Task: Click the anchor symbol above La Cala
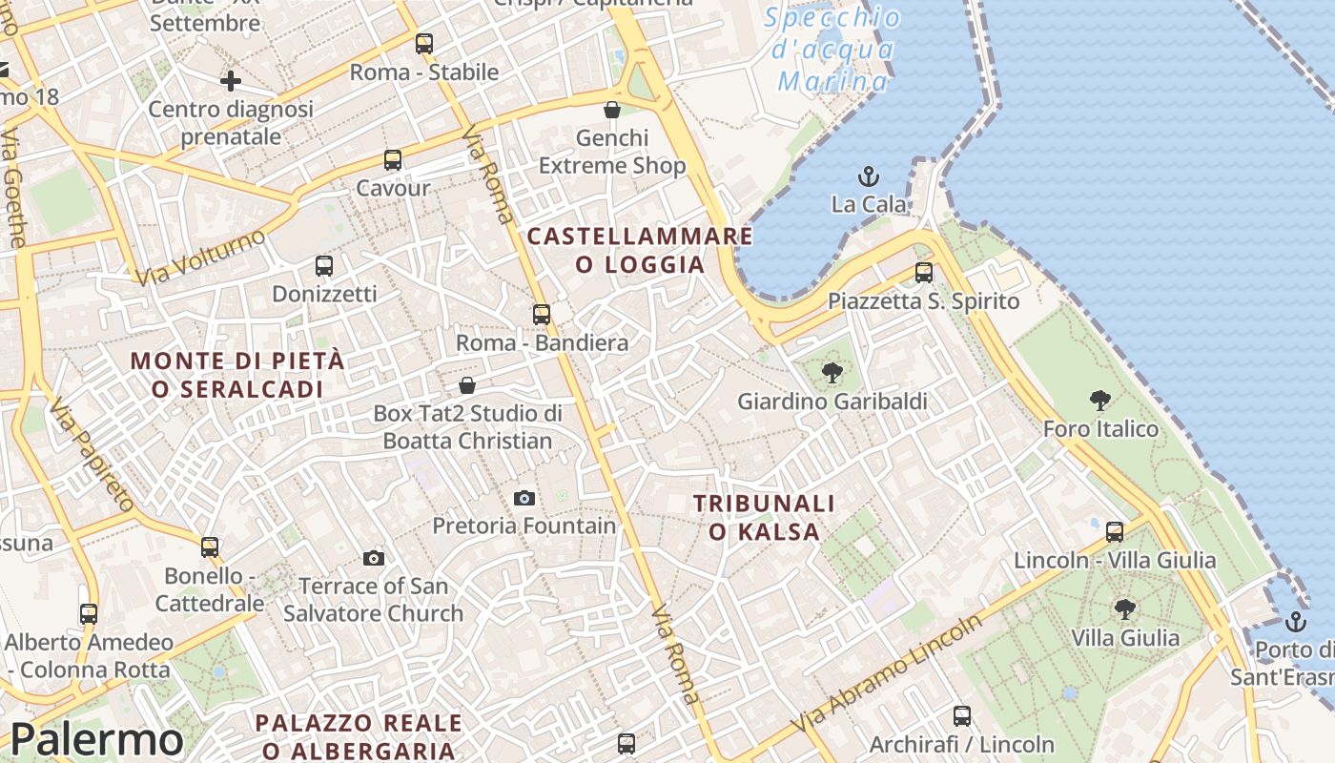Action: coord(868,176)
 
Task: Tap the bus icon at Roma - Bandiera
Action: coord(542,314)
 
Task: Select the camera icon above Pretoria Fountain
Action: coord(524,498)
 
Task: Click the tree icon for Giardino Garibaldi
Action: coord(832,373)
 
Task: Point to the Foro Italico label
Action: coord(1100,428)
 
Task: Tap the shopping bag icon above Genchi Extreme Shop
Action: coord(612,111)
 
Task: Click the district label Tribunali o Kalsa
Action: coord(764,517)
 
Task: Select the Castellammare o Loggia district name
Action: coord(640,250)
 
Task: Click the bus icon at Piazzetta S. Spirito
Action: coord(923,273)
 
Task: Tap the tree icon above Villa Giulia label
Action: coord(1125,608)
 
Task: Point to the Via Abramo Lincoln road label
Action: coord(887,675)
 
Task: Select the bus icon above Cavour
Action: coord(393,160)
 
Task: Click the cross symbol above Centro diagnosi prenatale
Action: coord(230,81)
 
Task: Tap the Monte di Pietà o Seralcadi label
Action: coord(237,375)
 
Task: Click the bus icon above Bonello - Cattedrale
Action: coord(210,547)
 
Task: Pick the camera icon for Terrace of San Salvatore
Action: coord(374,558)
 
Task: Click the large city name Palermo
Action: coord(96,740)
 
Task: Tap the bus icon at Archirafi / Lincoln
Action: coord(962,715)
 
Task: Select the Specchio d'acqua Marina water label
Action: coord(832,50)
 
